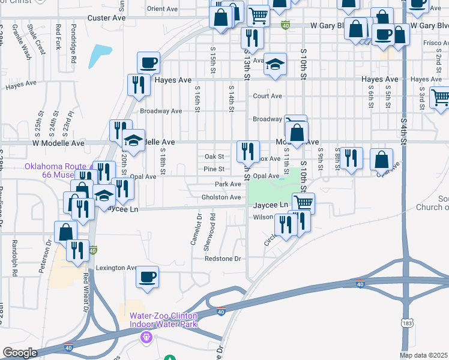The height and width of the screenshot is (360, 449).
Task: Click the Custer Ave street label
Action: pos(106,19)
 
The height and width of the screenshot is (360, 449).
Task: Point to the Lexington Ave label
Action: pos(117,268)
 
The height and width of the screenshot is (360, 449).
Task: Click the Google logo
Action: pos(20,353)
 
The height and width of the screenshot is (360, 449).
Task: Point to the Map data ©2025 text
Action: pos(424,355)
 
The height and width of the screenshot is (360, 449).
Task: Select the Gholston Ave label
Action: pos(221,197)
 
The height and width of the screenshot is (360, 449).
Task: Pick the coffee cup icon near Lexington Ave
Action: pos(147,277)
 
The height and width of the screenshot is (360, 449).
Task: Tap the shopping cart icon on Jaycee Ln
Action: pos(304,203)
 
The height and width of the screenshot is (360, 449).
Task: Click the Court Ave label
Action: pos(268,96)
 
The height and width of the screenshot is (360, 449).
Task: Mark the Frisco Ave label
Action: pos(430,44)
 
